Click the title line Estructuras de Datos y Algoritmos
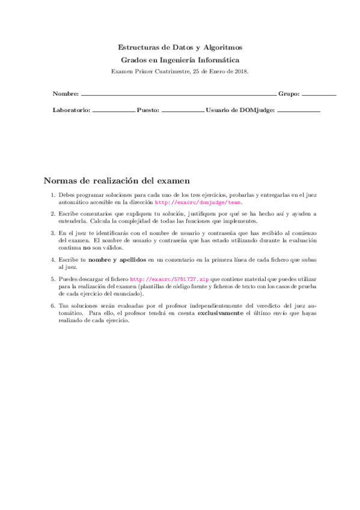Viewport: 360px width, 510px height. click(x=180, y=47)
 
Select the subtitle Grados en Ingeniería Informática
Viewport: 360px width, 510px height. click(x=180, y=60)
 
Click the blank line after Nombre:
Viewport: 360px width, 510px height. click(x=178, y=96)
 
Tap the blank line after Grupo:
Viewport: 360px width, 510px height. click(x=319, y=96)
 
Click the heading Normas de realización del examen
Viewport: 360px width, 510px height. click(x=117, y=180)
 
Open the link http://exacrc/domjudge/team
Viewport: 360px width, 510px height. click(x=198, y=203)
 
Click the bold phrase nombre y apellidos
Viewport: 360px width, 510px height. click(x=117, y=259)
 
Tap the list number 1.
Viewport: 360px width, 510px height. click(x=53, y=195)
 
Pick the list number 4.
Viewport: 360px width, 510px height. click(x=53, y=259)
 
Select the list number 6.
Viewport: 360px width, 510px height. click(x=53, y=306)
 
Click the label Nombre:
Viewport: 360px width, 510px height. click(x=66, y=94)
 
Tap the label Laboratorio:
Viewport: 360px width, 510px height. click(x=72, y=111)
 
